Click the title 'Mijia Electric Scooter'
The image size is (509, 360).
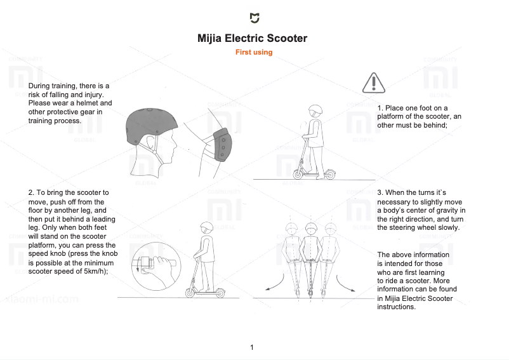[x=253, y=38]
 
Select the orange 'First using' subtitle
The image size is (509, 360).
[x=254, y=53]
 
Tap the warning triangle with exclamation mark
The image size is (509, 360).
[x=374, y=83]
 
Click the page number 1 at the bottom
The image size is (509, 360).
[x=252, y=347]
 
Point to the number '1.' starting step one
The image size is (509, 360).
[x=380, y=108]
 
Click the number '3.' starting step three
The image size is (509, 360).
[x=380, y=192]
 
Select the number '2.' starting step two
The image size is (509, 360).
[x=31, y=192]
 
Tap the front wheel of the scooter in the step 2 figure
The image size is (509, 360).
[x=190, y=293]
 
